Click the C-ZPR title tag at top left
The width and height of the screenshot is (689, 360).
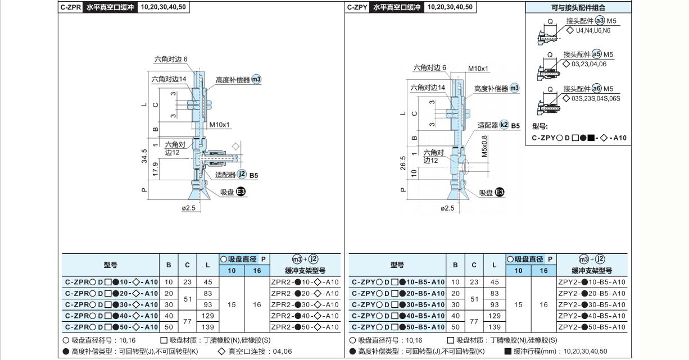tap(70, 7)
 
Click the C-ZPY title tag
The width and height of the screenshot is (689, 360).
tap(357, 7)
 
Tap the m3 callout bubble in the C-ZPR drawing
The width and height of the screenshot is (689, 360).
tap(256, 79)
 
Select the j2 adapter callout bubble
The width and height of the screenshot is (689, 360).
tap(242, 174)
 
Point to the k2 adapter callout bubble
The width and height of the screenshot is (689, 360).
tap(504, 125)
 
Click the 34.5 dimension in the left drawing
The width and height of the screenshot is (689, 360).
tap(144, 156)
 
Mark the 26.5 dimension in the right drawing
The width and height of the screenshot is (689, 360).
tap(403, 163)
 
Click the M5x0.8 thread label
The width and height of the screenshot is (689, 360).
tap(484, 147)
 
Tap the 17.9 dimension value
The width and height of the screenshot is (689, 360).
tap(155, 170)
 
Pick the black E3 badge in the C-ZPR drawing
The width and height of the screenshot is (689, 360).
tap(241, 192)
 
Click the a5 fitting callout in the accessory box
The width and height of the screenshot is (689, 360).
tap(597, 54)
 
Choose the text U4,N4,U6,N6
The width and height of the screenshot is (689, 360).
tap(593, 30)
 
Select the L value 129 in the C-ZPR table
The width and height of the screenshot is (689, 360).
tap(207, 316)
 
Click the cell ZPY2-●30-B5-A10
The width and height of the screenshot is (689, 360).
tap(592, 304)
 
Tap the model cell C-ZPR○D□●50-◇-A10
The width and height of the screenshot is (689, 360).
tap(111, 327)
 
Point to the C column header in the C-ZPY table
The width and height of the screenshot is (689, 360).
tap(474, 265)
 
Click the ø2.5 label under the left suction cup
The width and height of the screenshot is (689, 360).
tap(189, 208)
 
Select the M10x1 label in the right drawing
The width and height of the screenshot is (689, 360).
tap(478, 69)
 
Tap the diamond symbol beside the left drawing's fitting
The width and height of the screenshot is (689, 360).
tap(235, 147)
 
